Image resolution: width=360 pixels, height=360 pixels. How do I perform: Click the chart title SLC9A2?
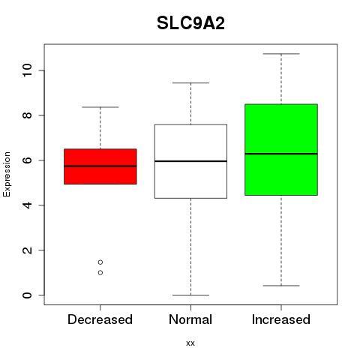point(190,23)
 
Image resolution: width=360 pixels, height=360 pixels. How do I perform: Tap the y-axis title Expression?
point(7,174)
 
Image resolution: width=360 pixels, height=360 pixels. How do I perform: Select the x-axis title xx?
point(190,343)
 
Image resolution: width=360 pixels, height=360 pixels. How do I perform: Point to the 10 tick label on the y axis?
point(27,70)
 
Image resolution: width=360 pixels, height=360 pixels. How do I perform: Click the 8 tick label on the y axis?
point(27,115)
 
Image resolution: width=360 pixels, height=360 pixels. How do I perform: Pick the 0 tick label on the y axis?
point(27,295)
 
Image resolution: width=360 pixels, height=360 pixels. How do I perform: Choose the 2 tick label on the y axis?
point(27,250)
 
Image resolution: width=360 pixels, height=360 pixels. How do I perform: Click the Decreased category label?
point(100,319)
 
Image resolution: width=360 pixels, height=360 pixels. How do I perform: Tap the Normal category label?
point(190,319)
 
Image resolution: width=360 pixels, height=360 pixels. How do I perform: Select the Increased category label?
point(281,319)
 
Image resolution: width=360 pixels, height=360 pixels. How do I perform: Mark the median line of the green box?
point(281,154)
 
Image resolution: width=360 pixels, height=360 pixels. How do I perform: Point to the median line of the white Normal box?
point(190,161)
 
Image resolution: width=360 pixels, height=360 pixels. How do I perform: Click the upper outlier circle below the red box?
point(100,262)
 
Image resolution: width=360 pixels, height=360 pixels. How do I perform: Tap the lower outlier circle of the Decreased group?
point(100,273)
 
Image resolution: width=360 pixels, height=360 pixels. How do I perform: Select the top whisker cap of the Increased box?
point(281,54)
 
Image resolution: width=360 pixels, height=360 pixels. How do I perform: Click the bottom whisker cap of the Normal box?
point(190,295)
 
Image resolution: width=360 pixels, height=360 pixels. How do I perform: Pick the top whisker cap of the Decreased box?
point(100,107)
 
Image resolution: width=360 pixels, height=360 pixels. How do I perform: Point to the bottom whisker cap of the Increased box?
point(281,286)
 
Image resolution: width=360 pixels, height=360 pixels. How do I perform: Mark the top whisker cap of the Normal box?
point(190,82)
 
